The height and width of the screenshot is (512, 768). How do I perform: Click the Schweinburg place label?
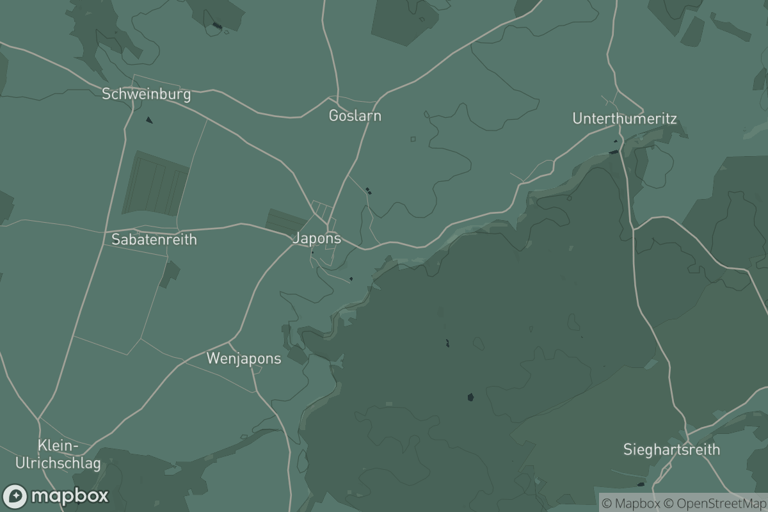point(147,94)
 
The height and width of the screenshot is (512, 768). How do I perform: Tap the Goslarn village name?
point(355,116)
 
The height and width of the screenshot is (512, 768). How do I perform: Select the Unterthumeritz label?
point(624,118)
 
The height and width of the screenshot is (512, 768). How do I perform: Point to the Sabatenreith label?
point(154,239)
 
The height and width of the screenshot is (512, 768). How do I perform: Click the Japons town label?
point(316,239)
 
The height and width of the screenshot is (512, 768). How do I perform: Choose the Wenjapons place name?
point(243,358)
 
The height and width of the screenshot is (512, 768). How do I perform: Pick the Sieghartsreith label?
point(671,449)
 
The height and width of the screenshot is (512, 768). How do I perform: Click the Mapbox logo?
point(56,496)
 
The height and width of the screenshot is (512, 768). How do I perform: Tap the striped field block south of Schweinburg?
point(156,184)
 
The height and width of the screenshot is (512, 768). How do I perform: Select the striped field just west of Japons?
point(285,221)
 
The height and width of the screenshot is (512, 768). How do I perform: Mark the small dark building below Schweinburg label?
point(149,120)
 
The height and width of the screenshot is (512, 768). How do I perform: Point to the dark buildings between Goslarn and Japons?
point(368,190)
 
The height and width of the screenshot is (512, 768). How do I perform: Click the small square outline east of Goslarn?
point(413,139)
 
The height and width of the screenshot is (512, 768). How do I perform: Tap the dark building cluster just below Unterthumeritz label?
point(614,152)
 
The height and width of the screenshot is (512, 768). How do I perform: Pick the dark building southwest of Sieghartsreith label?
point(641,484)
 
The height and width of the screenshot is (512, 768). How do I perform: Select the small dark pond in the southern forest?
point(470,397)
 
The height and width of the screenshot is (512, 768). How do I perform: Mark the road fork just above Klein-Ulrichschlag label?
point(38,419)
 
